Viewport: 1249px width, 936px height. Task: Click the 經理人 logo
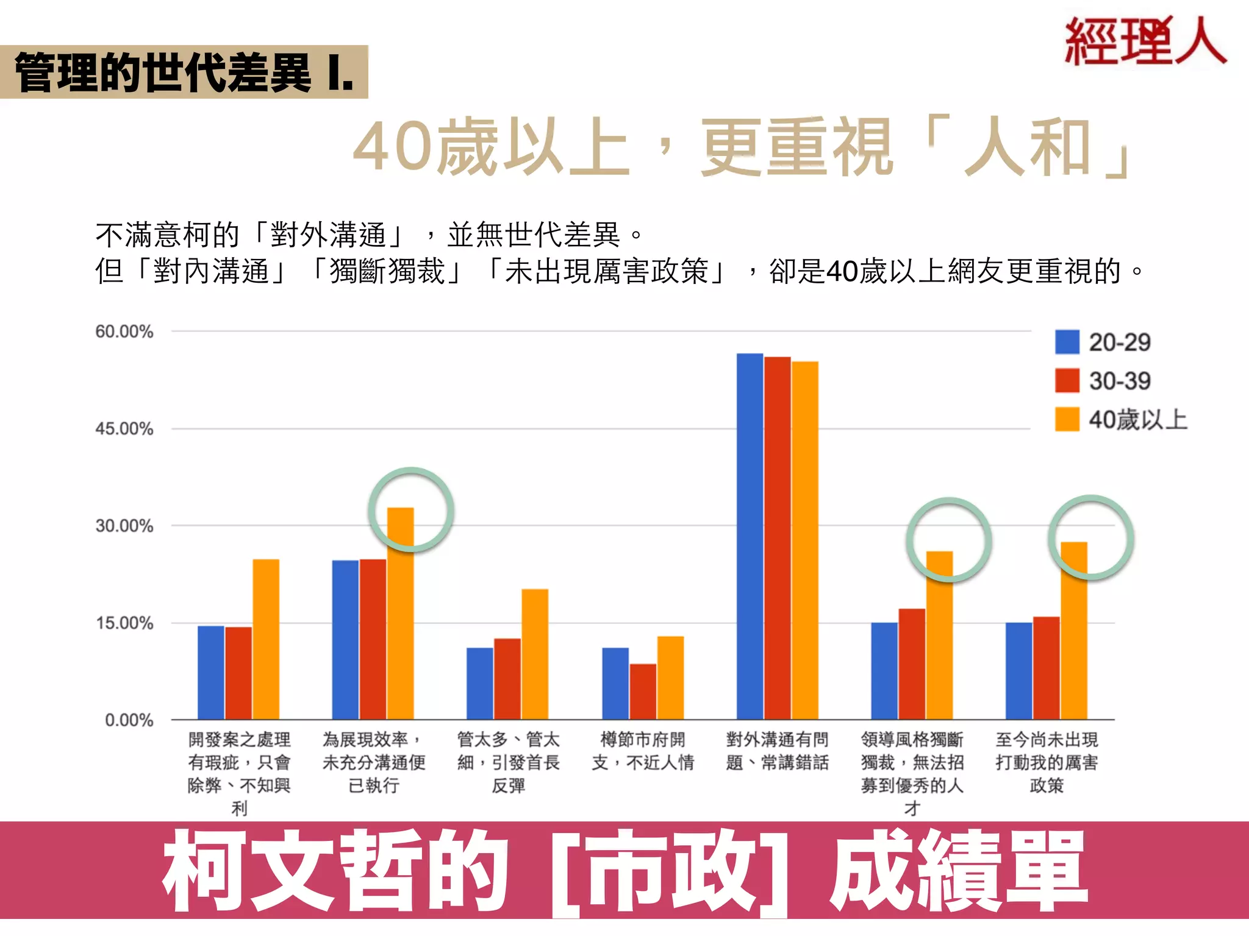pyautogui.click(x=1145, y=41)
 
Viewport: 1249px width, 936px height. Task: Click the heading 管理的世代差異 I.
pyautogui.click(x=184, y=72)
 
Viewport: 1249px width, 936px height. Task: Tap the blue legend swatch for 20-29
pyautogui.click(x=1067, y=342)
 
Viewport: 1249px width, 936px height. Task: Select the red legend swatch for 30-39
pyautogui.click(x=1067, y=381)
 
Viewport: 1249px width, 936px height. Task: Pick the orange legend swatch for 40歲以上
pyautogui.click(x=1067, y=419)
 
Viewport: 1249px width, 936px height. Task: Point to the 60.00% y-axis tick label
pyautogui.click(x=124, y=331)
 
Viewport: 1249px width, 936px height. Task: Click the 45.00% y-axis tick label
pyautogui.click(x=124, y=429)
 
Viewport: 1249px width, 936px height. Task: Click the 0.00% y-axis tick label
pyautogui.click(x=129, y=720)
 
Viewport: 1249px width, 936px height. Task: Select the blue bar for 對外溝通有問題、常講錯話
pyautogui.click(x=750, y=536)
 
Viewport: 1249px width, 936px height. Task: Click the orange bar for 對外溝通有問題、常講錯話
pyautogui.click(x=804, y=540)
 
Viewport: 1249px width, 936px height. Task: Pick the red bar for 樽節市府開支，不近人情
pyautogui.click(x=643, y=691)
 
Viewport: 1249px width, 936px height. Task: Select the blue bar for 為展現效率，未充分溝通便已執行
pyautogui.click(x=345, y=640)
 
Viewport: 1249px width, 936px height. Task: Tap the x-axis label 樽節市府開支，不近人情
pyautogui.click(x=643, y=751)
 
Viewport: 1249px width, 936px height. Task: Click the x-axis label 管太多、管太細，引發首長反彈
pyautogui.click(x=508, y=762)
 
